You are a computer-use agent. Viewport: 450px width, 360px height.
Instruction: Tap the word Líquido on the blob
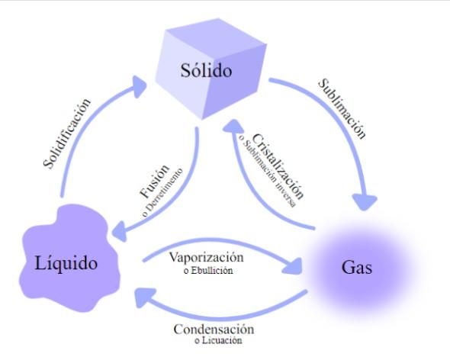click(66, 264)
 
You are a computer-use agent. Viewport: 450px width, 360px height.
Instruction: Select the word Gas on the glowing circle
click(358, 268)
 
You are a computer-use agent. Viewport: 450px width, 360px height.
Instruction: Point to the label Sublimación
click(341, 108)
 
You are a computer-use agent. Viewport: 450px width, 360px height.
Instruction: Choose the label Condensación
click(214, 329)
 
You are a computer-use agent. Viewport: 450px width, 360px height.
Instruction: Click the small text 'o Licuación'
click(218, 340)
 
